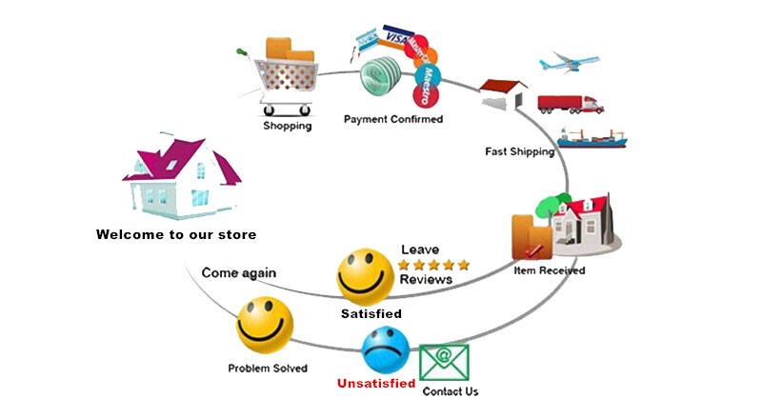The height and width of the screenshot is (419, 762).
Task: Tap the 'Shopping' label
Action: [287, 125]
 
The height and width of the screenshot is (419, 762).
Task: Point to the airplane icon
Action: [570, 62]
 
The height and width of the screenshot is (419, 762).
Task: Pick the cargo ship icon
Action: [592, 137]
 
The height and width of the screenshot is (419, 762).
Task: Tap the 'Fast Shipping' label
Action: [519, 152]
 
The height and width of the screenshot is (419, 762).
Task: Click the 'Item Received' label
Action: [549, 270]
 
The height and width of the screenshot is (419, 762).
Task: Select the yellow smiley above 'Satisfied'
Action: [366, 275]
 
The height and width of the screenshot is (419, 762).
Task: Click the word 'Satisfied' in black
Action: [371, 313]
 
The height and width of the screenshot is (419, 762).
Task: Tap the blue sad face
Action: [385, 350]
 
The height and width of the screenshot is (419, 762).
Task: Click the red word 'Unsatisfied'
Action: [376, 384]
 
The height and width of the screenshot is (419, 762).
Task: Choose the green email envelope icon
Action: [444, 363]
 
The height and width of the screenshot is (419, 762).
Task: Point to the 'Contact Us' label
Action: [451, 391]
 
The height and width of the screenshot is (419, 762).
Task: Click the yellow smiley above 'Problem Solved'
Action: [264, 323]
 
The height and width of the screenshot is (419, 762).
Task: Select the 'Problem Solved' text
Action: [267, 368]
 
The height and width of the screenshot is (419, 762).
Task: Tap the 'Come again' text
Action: [238, 272]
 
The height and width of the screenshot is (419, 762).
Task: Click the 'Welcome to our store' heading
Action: [176, 233]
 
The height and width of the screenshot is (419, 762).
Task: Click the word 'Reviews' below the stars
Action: [426, 280]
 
